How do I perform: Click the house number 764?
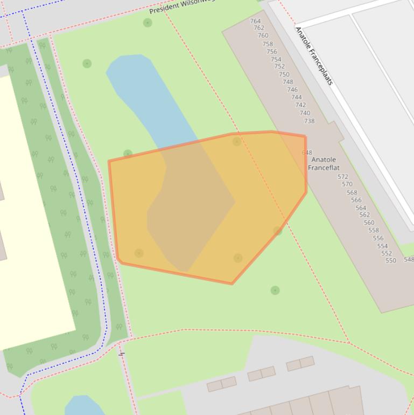255,21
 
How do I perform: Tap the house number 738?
309,121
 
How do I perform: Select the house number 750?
284,74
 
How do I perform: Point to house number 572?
343,177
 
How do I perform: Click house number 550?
391,260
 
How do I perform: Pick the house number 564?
361,207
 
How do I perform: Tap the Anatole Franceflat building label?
324,163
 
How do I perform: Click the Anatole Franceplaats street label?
314,56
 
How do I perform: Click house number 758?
268,44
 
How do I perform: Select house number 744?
296,97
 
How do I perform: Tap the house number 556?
378,238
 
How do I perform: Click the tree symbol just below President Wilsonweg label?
148,23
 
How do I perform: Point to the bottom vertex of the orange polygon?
232,283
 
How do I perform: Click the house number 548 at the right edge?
409,259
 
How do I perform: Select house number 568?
352,192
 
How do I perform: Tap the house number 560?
369,223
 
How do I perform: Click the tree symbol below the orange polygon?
275,290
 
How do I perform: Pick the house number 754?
276,59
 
